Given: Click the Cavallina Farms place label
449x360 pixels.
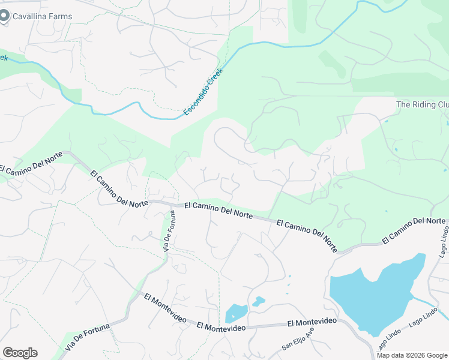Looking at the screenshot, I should pyautogui.click(x=44, y=17).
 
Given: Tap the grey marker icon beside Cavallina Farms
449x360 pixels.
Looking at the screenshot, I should pyautogui.click(x=5, y=16).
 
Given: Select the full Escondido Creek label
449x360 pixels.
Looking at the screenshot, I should pyautogui.click(x=203, y=92).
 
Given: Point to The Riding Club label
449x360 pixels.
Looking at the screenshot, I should pyautogui.click(x=423, y=104).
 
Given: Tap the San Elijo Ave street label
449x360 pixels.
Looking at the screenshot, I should pyautogui.click(x=298, y=340).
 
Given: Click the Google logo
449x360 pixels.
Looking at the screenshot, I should pyautogui.click(x=20, y=352).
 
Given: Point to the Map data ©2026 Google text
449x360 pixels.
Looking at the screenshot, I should pyautogui.click(x=412, y=355).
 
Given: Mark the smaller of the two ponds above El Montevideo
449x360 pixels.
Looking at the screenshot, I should pyautogui.click(x=258, y=301).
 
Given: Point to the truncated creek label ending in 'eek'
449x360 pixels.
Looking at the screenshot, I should pyautogui.click(x=4, y=58).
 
